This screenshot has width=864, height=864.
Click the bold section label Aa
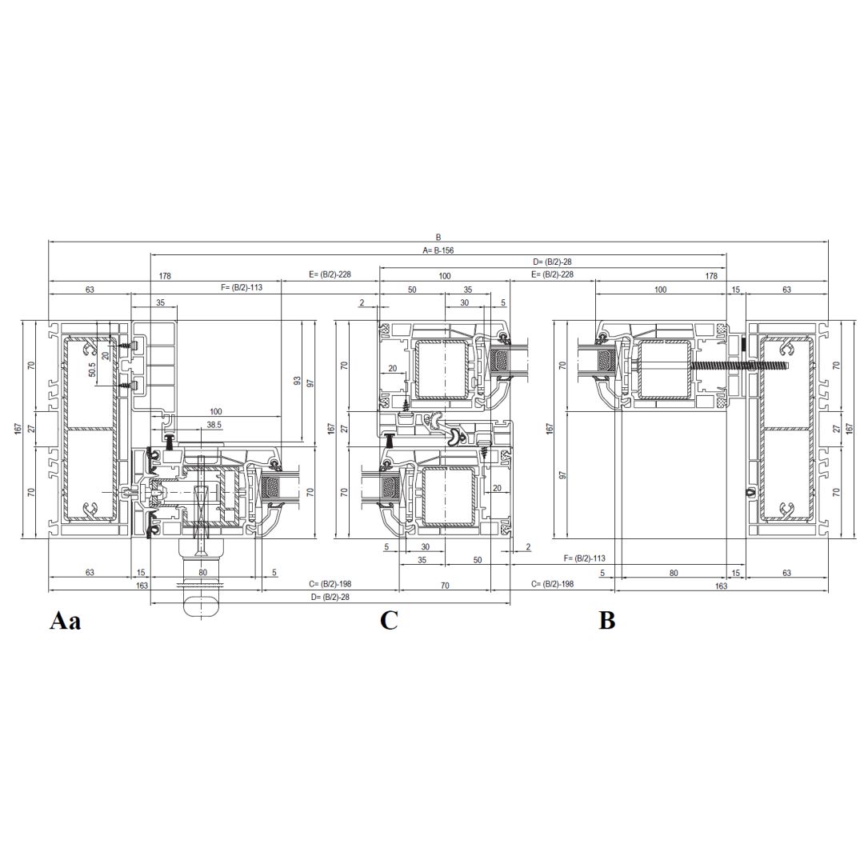pyautogui.click(x=65, y=621)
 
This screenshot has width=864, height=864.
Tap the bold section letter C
pyautogui.click(x=389, y=621)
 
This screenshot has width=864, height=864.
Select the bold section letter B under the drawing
pyautogui.click(x=606, y=621)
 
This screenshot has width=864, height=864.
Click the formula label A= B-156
pyautogui.click(x=438, y=250)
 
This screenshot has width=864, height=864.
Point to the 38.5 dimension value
pyautogui.click(x=214, y=425)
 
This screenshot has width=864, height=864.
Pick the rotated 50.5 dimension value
pyautogui.click(x=92, y=369)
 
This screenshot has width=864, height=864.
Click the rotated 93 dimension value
pyautogui.click(x=297, y=380)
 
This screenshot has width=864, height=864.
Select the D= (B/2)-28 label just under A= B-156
pyautogui.click(x=552, y=262)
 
